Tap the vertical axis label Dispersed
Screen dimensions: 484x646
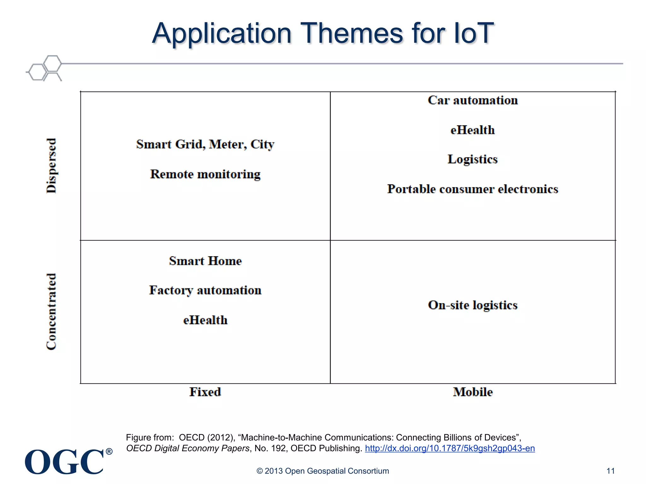click(51, 165)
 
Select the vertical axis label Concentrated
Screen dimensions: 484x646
click(51, 311)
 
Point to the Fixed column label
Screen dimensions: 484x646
click(205, 392)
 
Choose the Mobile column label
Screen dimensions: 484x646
click(473, 392)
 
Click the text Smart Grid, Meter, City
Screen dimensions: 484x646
click(205, 144)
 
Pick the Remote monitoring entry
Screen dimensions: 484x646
click(205, 174)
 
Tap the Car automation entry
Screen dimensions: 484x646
click(473, 100)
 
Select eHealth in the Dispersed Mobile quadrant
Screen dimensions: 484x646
click(473, 130)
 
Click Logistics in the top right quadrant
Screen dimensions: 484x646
click(473, 159)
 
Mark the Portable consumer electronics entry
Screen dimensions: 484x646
click(473, 189)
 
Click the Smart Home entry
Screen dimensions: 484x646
click(205, 261)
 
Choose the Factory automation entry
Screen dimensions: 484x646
click(205, 290)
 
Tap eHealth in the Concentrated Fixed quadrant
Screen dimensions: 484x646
click(205, 320)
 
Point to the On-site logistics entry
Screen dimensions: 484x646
click(473, 305)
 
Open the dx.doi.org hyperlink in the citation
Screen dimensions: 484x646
click(450, 448)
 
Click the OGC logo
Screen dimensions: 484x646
click(65, 462)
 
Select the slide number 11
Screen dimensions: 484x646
click(610, 471)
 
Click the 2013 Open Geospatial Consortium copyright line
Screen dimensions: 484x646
click(322, 471)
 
